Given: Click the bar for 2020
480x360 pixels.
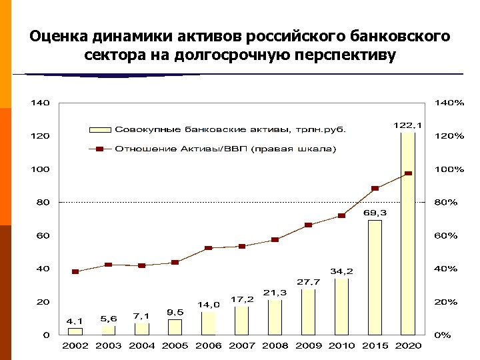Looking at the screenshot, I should tap(408, 233).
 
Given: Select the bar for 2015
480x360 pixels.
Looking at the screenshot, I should tap(375, 277).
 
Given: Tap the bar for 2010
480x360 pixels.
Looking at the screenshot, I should tap(341, 307).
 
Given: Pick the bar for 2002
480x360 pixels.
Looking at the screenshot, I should tap(75, 331).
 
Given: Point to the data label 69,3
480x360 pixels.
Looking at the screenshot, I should tap(375, 213).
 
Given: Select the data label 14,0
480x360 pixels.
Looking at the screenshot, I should tap(208, 304).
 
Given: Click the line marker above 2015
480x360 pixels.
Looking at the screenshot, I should tap(375, 189).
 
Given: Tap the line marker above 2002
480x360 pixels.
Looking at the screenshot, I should tap(75, 271).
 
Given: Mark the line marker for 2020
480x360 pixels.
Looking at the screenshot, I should tap(408, 173).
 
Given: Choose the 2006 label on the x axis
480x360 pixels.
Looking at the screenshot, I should tap(208, 345).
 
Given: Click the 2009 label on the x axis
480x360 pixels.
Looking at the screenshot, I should tap(308, 345).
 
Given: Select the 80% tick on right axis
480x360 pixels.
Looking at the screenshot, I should tap(445, 202).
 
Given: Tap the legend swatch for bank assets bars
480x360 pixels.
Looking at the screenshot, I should tap(99, 129).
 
